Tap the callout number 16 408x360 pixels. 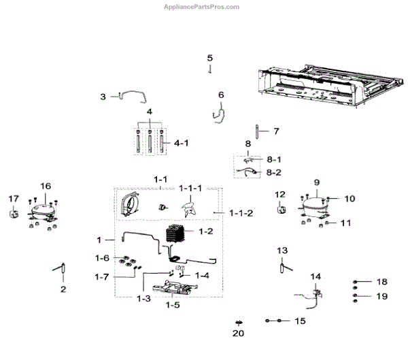[46, 186]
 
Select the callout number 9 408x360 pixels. [316, 182]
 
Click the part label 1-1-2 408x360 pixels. [240, 213]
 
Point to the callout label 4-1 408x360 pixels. [182, 144]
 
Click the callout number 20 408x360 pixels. [237, 333]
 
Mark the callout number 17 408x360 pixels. [14, 198]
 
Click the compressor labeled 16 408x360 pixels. [41, 211]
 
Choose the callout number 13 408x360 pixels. [282, 251]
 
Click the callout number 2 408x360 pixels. [63, 289]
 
